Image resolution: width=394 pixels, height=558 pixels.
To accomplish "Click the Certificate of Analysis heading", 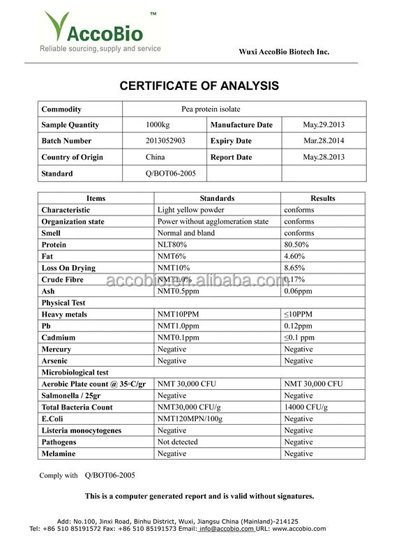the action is point(199,86).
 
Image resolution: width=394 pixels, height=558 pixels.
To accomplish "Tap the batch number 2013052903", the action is point(165,141).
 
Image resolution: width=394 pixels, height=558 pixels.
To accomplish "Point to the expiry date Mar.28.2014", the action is point(324,141).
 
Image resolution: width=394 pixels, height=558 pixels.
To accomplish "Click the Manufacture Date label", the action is point(241,125).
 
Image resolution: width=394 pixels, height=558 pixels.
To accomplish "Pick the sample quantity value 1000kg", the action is point(158,125).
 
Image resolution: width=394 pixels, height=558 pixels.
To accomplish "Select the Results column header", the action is point(323,198).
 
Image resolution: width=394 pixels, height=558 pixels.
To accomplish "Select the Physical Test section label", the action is point(64,303).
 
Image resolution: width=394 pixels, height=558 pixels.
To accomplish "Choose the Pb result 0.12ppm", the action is point(298,326).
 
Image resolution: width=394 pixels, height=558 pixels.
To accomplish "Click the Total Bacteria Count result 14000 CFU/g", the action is point(305,407).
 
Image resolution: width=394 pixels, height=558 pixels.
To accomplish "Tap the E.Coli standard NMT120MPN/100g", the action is point(190,418).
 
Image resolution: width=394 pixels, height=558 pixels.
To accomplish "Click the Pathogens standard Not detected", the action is point(177,442).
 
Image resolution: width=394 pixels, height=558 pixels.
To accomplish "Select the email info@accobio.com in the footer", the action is point(227,529).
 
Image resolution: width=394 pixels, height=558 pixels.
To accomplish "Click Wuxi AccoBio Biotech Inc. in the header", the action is point(284,52).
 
